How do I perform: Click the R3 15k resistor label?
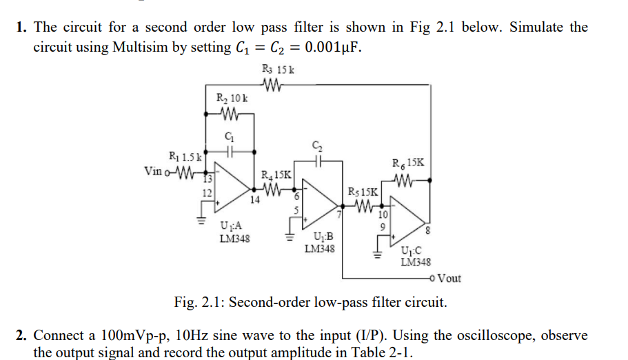[x=279, y=69]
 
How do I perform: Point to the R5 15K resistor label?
[x=363, y=191]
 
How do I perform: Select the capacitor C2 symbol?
[x=317, y=159]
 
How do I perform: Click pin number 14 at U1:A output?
[x=254, y=200]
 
